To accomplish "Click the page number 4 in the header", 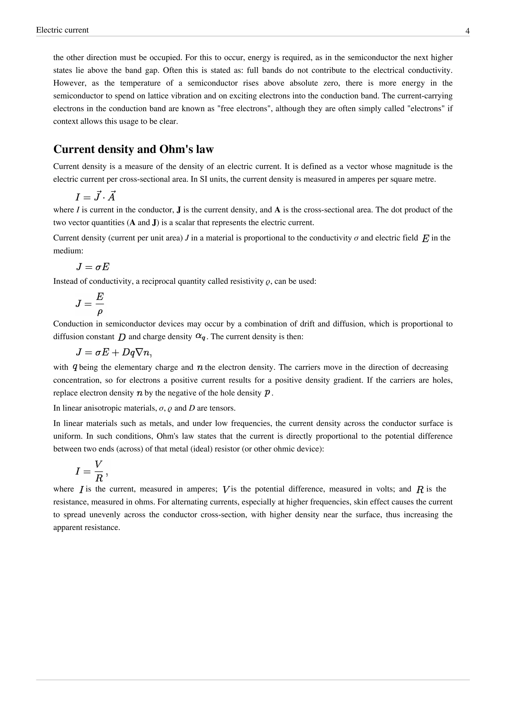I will coord(467,31).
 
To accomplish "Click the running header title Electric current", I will coord(62,30).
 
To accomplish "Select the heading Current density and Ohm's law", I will coord(133,149).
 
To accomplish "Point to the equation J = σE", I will coord(93,267).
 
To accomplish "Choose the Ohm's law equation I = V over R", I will coord(92,471).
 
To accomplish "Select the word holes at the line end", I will coord(444,380).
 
